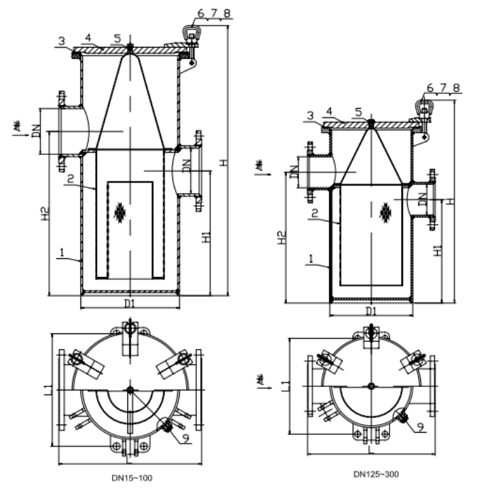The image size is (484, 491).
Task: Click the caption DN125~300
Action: click(x=376, y=474)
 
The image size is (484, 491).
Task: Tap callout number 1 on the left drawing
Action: click(x=61, y=253)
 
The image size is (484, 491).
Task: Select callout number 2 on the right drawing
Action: click(x=313, y=213)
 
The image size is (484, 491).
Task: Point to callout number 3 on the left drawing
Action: click(x=61, y=41)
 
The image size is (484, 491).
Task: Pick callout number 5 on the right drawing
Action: click(x=358, y=112)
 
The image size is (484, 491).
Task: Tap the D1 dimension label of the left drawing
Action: click(x=130, y=303)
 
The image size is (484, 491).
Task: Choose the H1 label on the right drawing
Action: click(x=437, y=251)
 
